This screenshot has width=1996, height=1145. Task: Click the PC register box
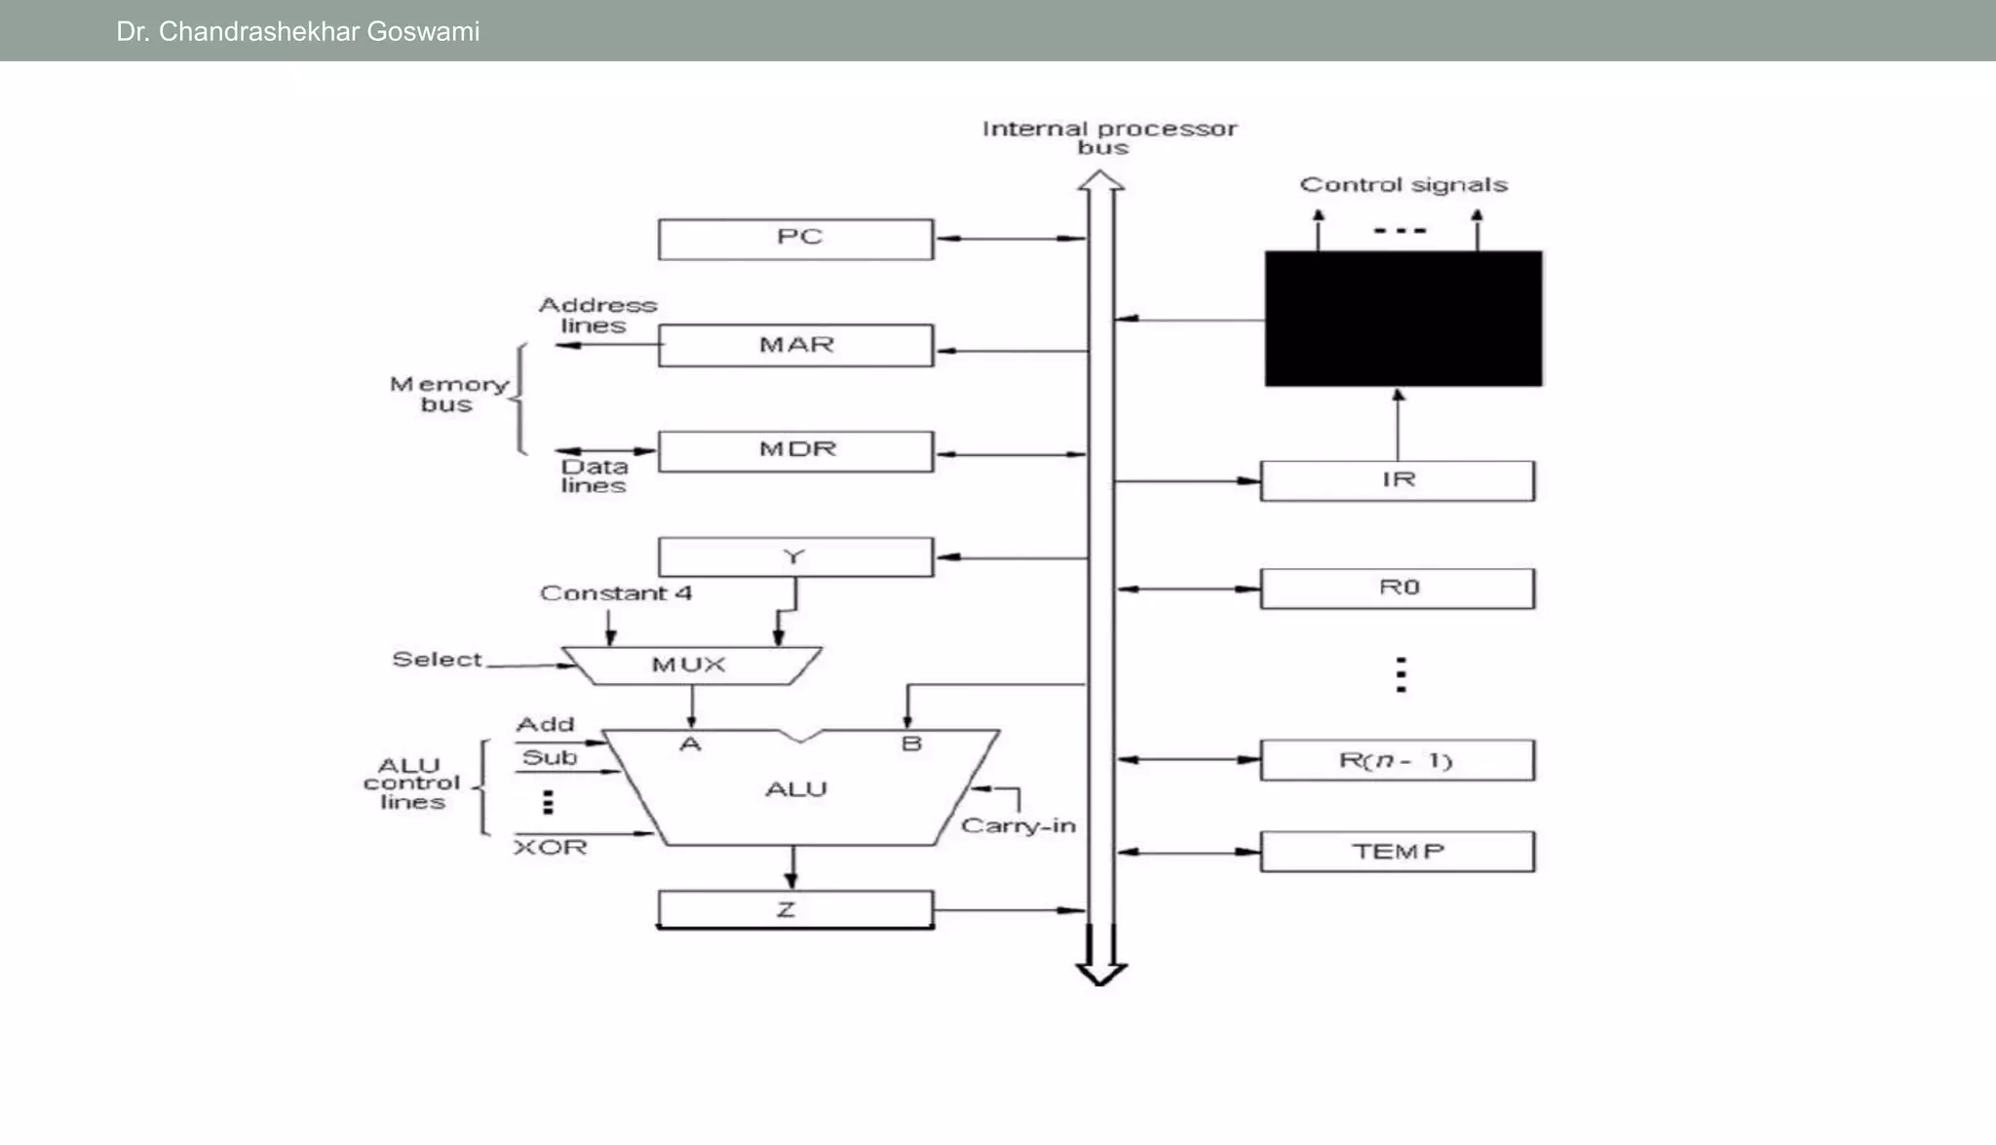click(795, 239)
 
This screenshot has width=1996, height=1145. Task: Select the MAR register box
click(795, 345)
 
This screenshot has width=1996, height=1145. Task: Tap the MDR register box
click(795, 451)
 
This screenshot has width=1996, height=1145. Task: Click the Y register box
click(795, 557)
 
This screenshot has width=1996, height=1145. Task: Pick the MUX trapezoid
click(690, 665)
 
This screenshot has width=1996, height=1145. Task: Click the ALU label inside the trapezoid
click(795, 789)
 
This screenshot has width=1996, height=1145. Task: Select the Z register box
click(795, 909)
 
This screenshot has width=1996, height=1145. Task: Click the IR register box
click(1397, 480)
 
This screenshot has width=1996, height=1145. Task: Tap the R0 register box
click(1397, 589)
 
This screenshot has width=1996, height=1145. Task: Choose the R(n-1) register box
click(1397, 760)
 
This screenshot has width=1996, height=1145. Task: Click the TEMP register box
click(1397, 852)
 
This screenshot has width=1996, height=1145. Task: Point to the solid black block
click(1402, 319)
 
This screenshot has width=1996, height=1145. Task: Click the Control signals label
click(1402, 185)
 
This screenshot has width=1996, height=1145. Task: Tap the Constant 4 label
click(616, 593)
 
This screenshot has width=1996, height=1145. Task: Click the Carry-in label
click(1017, 826)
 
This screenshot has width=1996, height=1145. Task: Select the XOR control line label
click(551, 848)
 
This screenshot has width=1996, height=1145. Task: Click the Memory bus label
click(448, 395)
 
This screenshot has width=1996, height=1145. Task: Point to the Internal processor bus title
click(1108, 137)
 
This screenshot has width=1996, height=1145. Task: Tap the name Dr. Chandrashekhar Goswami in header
click(297, 31)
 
